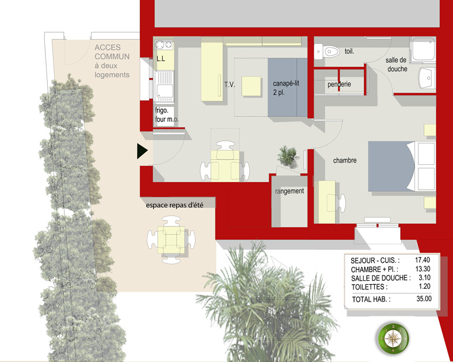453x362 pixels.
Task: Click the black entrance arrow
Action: click(142, 151)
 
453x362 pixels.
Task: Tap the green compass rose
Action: click(393, 338)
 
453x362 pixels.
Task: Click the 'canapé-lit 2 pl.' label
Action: click(286, 88)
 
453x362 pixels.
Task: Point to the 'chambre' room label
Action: click(345, 160)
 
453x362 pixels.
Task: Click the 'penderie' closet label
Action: click(339, 84)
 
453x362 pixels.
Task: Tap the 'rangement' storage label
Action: click(290, 191)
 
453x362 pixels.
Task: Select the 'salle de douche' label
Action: click(397, 65)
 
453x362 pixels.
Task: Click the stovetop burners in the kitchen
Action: click(164, 44)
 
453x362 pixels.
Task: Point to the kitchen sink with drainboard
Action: click(164, 86)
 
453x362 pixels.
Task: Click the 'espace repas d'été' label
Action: click(174, 205)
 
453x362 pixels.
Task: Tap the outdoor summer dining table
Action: click(171, 240)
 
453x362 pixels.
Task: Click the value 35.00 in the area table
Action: click(424, 299)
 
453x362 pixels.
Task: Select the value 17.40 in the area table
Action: click(422, 260)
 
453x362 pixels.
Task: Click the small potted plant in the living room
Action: click(287, 156)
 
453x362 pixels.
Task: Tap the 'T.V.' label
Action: click(230, 85)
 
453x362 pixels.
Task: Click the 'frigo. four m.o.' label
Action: click(167, 115)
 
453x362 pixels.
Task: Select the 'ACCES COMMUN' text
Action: click(112, 52)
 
